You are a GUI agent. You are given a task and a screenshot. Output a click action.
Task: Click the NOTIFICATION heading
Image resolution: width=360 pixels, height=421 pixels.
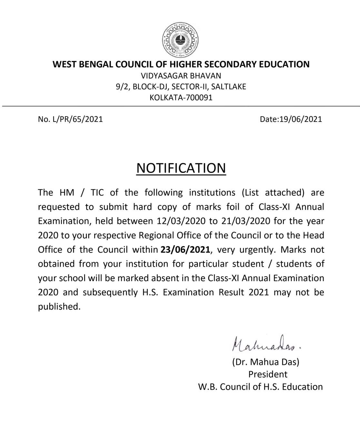click(181, 168)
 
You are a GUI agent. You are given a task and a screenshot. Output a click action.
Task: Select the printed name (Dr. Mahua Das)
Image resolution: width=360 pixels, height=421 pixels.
click(266, 362)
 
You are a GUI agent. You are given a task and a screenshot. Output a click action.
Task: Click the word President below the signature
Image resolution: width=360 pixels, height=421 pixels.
click(268, 374)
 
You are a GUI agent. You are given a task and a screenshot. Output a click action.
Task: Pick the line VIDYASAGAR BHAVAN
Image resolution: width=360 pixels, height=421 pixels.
click(181, 76)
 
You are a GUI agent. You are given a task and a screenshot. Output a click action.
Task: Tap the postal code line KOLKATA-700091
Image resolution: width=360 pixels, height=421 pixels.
click(181, 97)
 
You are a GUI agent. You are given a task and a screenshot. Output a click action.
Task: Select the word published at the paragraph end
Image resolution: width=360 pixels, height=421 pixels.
click(59, 306)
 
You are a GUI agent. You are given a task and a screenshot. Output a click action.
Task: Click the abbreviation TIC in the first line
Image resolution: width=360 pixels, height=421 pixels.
click(97, 193)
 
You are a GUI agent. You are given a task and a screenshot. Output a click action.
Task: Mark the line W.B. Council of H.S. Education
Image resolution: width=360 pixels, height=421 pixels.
click(260, 387)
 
